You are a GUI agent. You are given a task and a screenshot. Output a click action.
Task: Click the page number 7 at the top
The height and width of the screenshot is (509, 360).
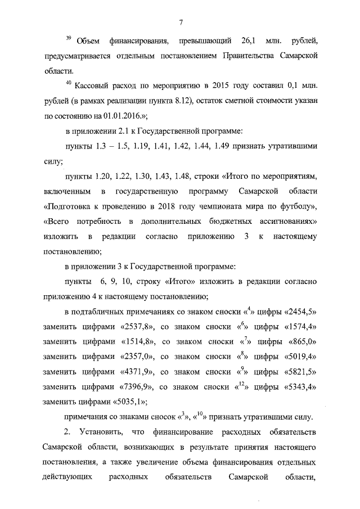pos(181,22)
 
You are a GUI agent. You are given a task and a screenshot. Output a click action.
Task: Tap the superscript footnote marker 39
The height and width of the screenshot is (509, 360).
pos(67,38)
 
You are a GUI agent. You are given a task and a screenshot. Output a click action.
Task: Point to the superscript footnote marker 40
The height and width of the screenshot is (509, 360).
pos(68,84)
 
